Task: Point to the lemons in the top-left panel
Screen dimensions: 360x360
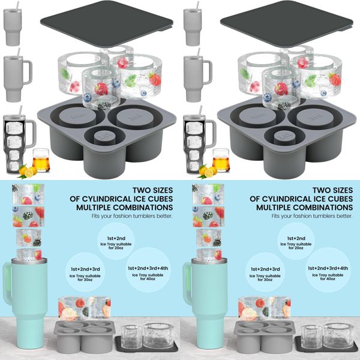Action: pyautogui.click(x=26, y=172)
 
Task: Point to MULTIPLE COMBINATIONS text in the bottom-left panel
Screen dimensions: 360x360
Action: pyautogui.click(x=133, y=208)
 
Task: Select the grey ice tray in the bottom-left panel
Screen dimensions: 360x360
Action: pyautogui.click(x=82, y=334)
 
